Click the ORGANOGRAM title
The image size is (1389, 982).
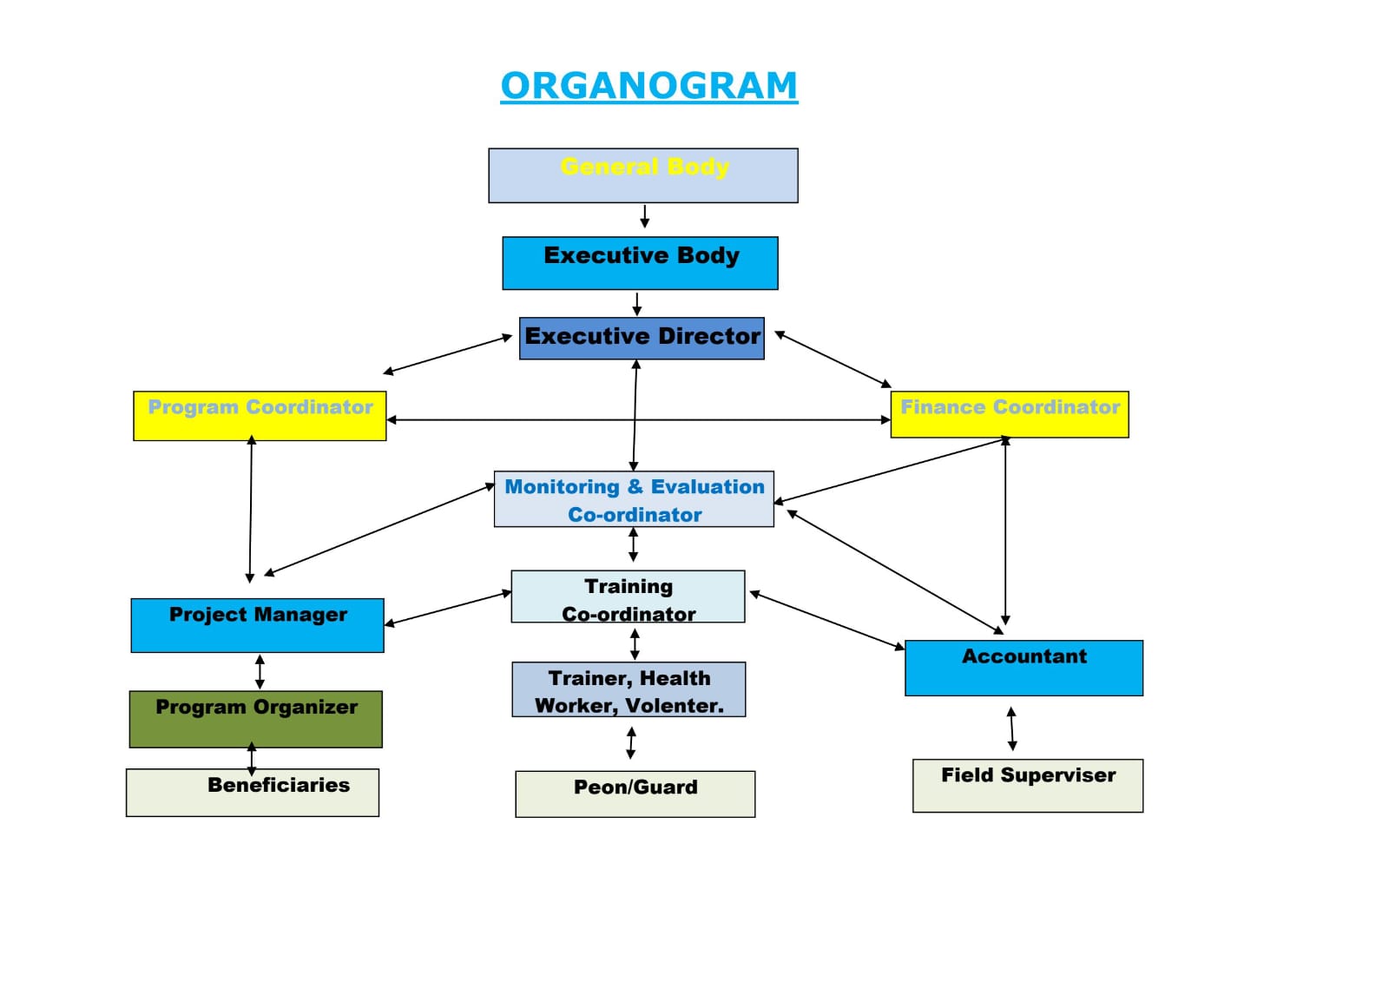point(648,86)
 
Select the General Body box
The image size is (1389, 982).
point(642,175)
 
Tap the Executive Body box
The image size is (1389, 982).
point(640,263)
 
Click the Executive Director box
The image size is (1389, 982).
point(642,338)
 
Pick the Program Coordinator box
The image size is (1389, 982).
point(260,416)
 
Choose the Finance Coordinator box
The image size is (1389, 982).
point(1010,414)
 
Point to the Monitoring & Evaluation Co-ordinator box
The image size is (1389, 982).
point(634,499)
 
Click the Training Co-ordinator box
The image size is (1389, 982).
point(628,596)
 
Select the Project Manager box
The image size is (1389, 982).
point(257,625)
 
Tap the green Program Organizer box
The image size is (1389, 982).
point(256,719)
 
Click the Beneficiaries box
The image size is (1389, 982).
point(253,793)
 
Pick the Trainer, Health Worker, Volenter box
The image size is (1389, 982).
point(629,689)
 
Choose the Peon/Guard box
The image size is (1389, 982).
point(635,794)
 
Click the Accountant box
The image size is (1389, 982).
point(1024,668)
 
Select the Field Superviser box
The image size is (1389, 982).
point(1028,786)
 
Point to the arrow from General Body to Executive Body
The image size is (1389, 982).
point(644,216)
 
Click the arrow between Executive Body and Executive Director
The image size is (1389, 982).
point(637,304)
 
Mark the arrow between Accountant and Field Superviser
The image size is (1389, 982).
point(1011,728)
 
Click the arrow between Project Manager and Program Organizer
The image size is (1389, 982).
point(260,671)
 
